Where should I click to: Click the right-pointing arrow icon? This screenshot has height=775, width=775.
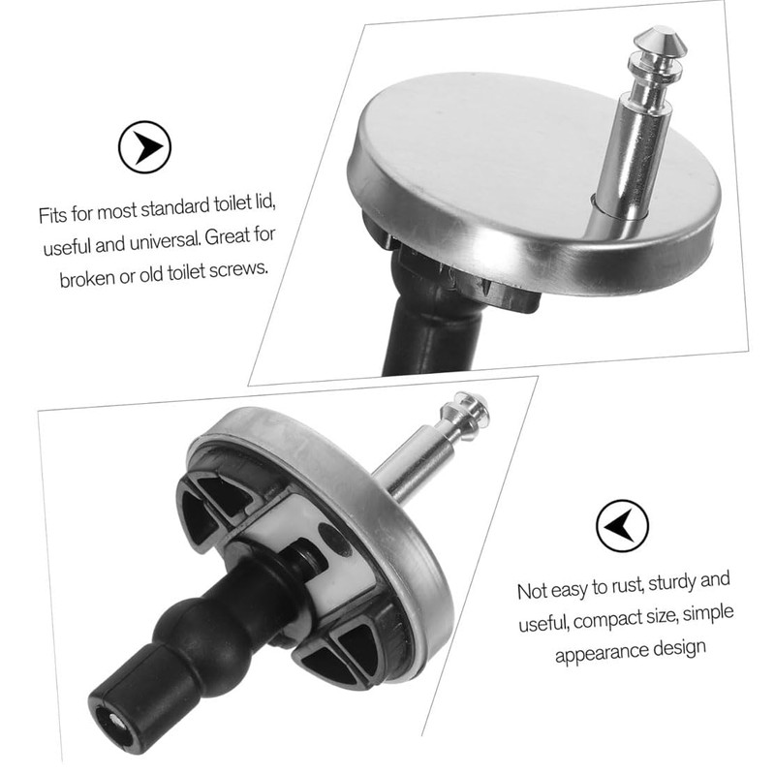pyautogui.click(x=144, y=147)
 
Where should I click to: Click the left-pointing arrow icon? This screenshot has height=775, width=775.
pyautogui.click(x=622, y=525)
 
